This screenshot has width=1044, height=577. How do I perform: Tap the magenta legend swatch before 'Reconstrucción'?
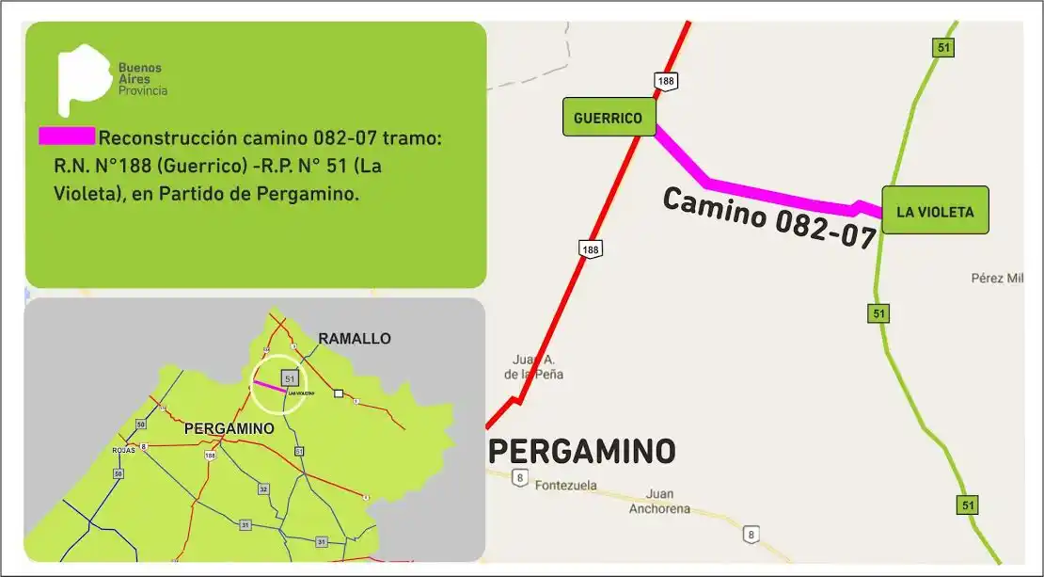click(66, 136)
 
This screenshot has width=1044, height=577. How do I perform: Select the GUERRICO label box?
click(608, 119)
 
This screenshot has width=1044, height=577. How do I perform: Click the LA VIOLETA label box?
click(935, 211)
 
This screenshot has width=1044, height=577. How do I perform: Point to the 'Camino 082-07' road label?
click(769, 217)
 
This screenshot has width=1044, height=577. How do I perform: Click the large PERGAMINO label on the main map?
click(581, 452)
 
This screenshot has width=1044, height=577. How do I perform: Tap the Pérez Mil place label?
click(995, 278)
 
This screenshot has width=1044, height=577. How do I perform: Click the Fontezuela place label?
click(567, 487)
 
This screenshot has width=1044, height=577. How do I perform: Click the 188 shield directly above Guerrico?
click(666, 81)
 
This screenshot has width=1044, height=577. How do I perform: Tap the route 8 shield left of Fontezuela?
click(518, 479)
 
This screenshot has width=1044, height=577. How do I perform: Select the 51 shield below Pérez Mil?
click(878, 313)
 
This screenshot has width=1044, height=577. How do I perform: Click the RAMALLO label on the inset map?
click(354, 338)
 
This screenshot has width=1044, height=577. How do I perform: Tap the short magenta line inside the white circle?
click(269, 386)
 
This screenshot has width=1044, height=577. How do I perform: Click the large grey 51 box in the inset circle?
click(290, 377)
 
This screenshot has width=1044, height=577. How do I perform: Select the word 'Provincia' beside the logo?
click(143, 90)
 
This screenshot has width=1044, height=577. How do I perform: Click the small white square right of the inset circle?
click(338, 394)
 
